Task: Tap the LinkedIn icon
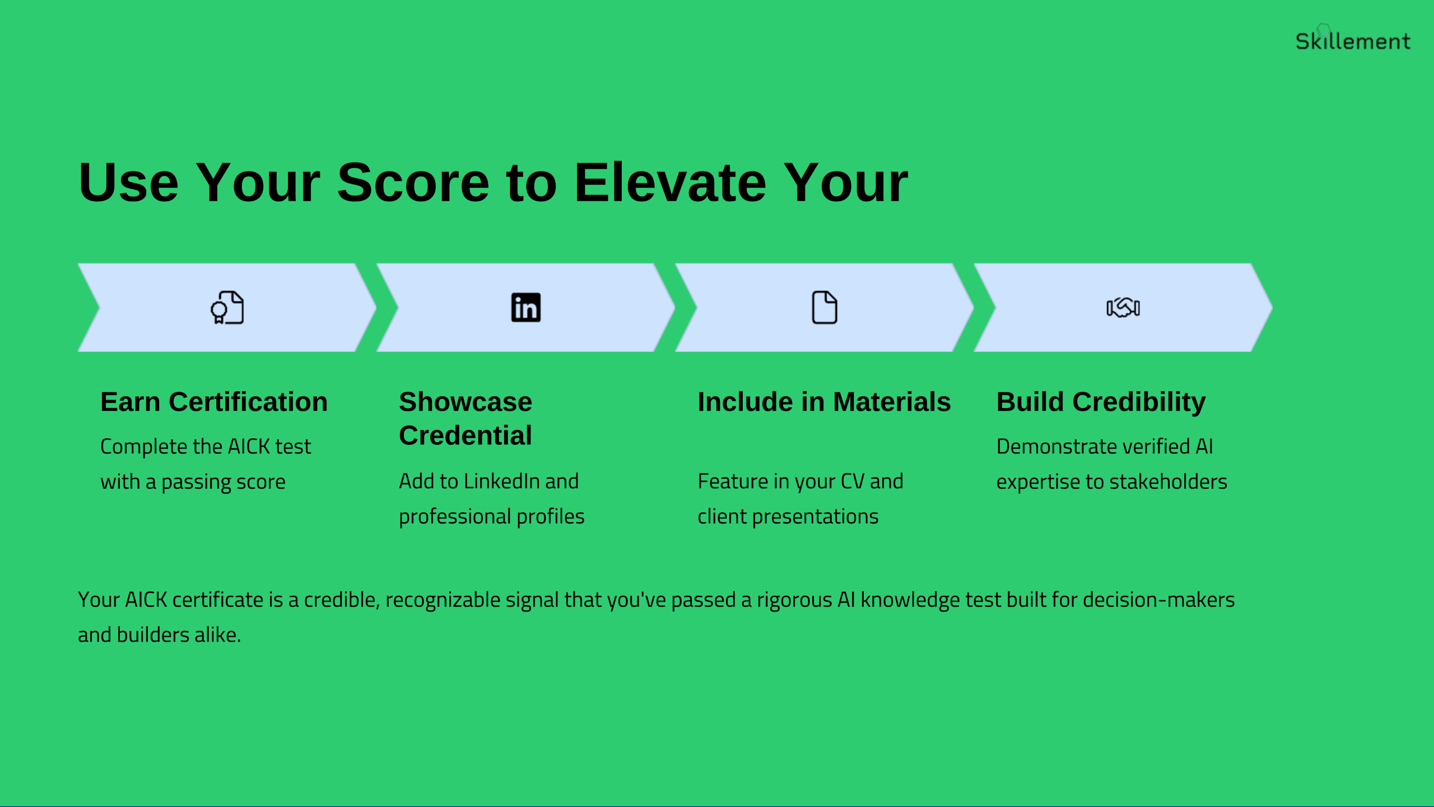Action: (526, 307)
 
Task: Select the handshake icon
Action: (1123, 307)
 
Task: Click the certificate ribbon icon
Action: (227, 307)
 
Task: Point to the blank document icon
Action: (825, 307)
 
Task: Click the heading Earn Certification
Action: (214, 402)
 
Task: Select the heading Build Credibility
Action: (1101, 402)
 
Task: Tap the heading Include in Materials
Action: (824, 402)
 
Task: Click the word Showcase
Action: (465, 402)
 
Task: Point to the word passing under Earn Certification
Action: (195, 483)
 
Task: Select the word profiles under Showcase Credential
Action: (551, 517)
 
